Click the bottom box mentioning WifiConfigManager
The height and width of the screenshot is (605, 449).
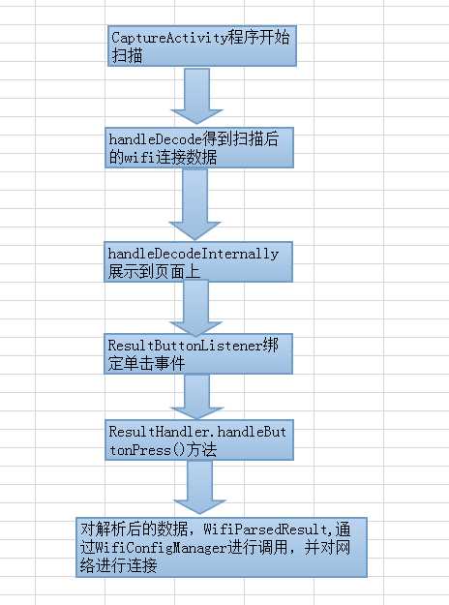(222, 548)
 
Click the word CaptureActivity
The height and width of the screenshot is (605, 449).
(168, 38)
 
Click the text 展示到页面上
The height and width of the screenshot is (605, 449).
(155, 272)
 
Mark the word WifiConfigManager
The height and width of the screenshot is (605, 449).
(146, 550)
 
